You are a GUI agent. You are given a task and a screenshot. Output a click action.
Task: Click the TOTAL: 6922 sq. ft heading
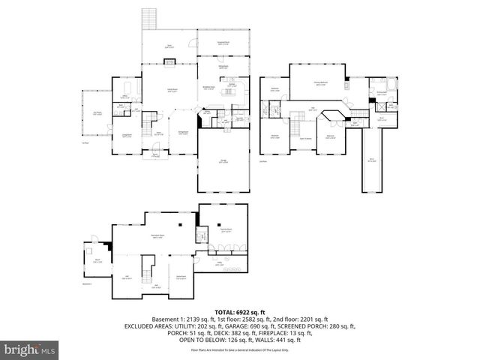pos(239,311)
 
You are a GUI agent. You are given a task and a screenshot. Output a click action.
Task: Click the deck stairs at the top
pos(148,18)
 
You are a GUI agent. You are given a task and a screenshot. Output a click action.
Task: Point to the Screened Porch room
pos(223,42)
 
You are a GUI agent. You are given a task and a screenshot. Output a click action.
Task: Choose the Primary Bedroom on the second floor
pos(319,85)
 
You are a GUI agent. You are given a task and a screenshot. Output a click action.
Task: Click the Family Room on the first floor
pos(172,90)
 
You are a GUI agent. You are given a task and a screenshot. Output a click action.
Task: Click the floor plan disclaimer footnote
pos(239,350)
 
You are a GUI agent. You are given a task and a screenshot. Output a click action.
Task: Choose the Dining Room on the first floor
pos(182,135)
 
